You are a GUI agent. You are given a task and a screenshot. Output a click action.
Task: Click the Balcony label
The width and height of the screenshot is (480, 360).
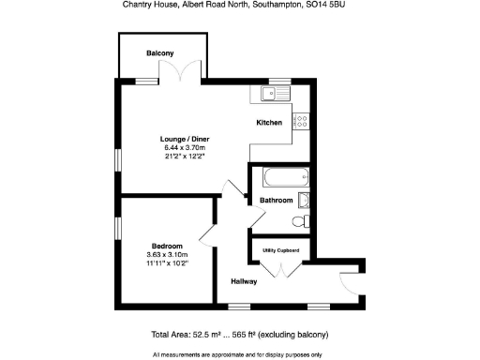159,53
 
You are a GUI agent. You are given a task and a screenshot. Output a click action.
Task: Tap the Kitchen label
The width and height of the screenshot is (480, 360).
270,123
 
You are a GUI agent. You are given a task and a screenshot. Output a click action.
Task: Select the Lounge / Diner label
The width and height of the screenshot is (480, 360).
184,140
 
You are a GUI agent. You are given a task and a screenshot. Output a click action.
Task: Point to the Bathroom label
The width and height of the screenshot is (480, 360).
277,201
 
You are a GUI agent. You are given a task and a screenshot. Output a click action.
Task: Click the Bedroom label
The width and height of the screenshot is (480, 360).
167,246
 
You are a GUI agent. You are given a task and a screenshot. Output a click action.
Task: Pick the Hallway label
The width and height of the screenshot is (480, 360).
245,281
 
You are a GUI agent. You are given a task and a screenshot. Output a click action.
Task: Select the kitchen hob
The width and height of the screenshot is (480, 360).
302,120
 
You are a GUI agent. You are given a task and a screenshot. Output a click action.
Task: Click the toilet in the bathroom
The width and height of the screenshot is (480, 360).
299,222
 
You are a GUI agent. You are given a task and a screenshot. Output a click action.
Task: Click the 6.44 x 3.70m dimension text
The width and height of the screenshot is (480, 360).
184,148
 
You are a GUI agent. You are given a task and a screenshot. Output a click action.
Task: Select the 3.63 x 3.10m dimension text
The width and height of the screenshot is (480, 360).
167,254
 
